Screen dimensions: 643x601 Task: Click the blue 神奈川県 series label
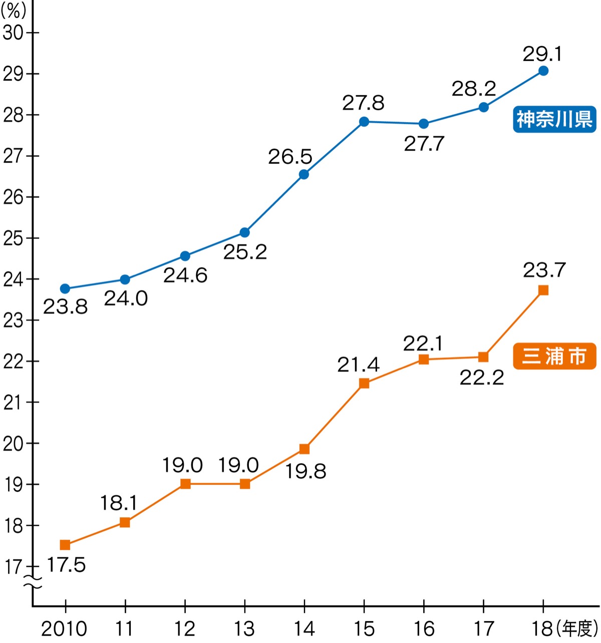pos(554,119)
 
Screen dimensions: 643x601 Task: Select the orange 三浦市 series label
pos(554,356)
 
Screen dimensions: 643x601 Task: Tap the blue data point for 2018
pos(543,71)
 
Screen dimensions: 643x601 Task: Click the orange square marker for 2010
pos(65,545)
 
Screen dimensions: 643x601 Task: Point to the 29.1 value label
pos(542,54)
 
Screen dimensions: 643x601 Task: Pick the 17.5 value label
pos(66,565)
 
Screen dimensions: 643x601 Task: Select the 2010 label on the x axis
pos(64,628)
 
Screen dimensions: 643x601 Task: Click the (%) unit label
pos(14,11)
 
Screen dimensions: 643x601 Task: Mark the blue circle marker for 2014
pos(304,174)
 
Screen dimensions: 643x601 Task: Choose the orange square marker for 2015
pos(364,384)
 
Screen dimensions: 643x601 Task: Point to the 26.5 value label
pos(290,157)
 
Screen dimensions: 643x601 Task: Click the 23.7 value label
pos(544,270)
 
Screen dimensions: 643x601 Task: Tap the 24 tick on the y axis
pos(14,279)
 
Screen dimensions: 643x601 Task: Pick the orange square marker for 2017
pos(483,357)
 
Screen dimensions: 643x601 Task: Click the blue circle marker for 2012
pos(185,256)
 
